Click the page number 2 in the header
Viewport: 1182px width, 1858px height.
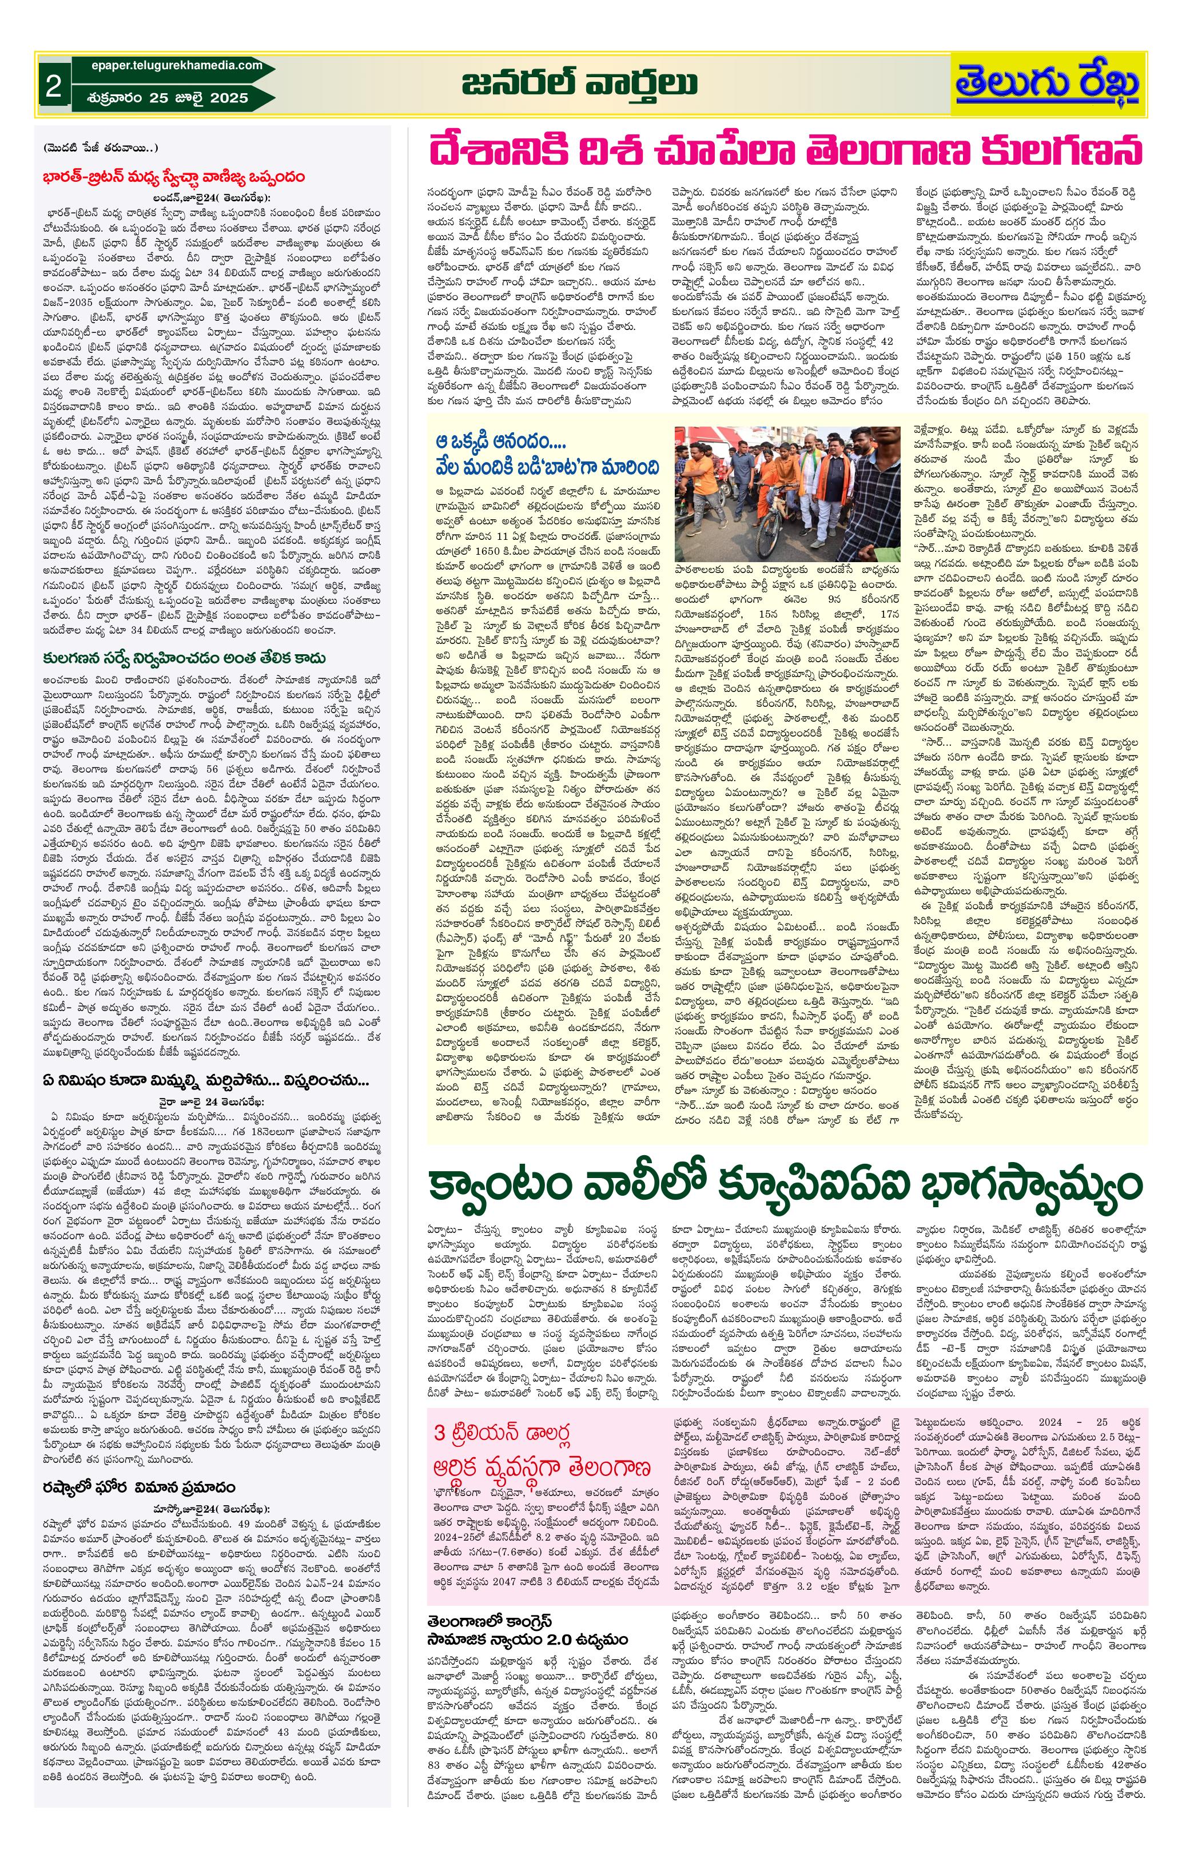53,86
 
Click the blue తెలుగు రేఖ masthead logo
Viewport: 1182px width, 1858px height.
1047,85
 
